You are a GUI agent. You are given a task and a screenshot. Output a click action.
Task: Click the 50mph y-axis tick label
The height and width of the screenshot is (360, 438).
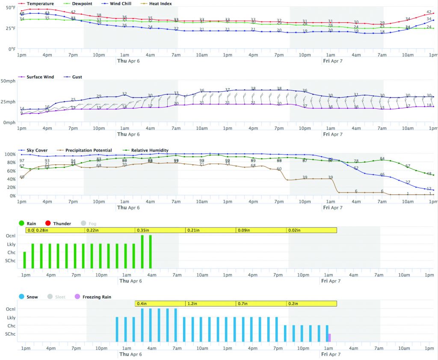(x=9, y=81)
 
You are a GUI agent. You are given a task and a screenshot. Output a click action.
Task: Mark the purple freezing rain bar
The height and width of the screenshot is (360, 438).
(x=329, y=337)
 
